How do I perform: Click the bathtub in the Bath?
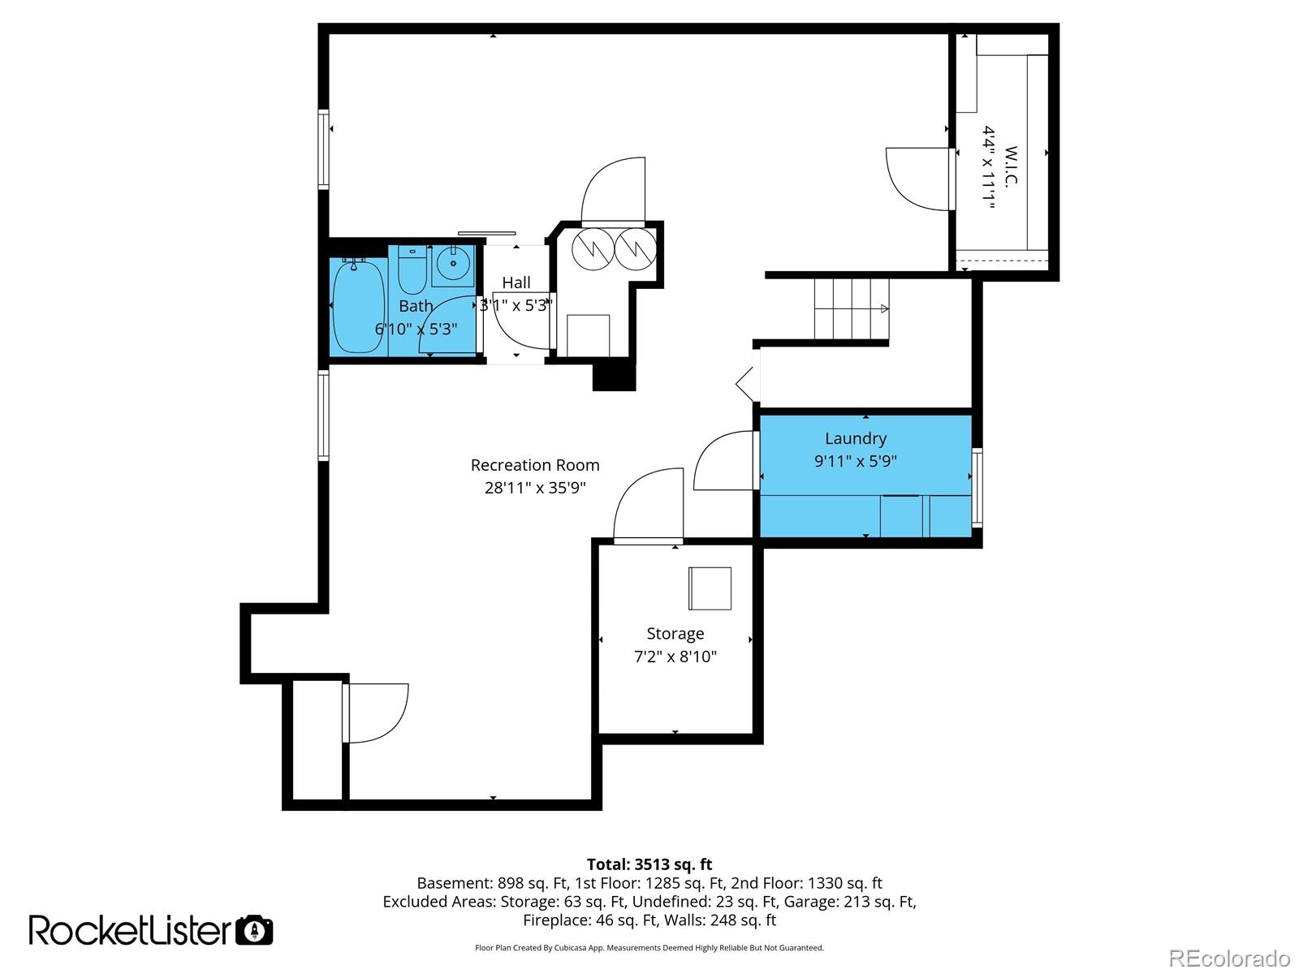point(358,306)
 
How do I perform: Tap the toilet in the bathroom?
point(412,269)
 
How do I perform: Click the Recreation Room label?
point(535,465)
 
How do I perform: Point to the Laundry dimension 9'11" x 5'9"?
point(855,461)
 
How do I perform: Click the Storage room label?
point(675,634)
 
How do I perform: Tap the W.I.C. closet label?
point(1011,166)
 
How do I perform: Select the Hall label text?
point(516,282)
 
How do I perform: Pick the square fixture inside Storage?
point(710,588)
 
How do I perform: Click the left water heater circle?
point(593,249)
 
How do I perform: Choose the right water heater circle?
point(636,249)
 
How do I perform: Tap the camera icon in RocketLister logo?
point(254,930)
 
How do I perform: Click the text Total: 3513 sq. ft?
point(649,864)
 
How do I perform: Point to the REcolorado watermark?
point(1229,958)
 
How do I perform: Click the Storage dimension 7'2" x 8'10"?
point(675,657)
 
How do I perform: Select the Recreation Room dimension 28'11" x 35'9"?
point(535,488)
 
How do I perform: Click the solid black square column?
point(615,376)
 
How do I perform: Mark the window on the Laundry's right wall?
point(977,488)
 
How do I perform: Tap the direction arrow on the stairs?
point(885,308)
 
